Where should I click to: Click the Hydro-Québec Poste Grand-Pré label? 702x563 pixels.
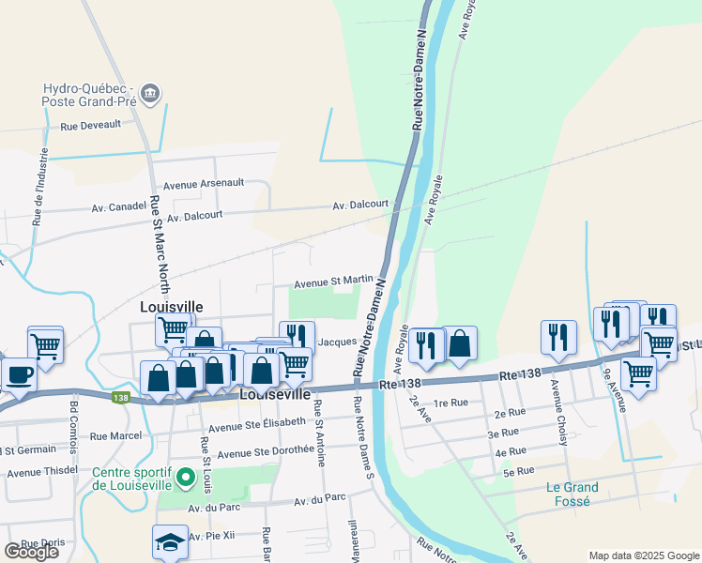89,96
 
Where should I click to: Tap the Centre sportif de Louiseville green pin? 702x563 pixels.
186,479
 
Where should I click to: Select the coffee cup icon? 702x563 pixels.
19,375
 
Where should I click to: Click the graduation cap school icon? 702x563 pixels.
170,541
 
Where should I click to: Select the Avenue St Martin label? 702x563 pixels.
333,281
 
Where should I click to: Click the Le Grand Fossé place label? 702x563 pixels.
572,494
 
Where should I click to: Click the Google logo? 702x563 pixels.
31,552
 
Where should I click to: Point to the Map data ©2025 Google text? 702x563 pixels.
643,555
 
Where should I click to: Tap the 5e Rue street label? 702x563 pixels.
518,470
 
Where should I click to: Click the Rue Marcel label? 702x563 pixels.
116,435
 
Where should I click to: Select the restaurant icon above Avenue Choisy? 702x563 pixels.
557,338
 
